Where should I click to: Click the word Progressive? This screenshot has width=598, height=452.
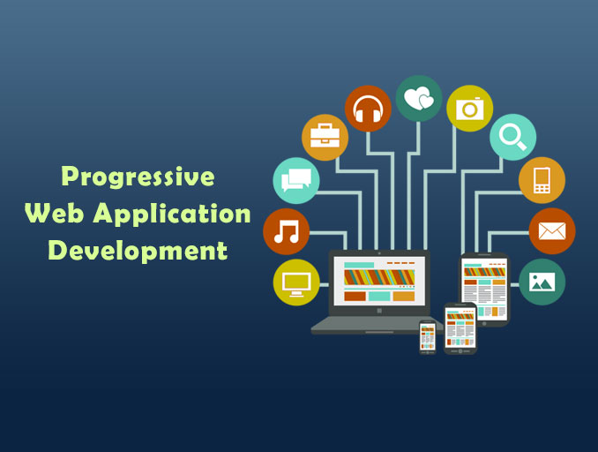point(138,177)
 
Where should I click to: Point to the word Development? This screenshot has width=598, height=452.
point(138,250)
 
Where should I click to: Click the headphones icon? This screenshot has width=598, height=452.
point(368,109)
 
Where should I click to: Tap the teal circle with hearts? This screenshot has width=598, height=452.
point(419,98)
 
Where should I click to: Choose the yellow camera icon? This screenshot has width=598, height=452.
point(469,109)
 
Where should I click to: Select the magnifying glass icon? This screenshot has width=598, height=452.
point(512,137)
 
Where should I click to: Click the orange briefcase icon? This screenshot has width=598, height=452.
point(325,137)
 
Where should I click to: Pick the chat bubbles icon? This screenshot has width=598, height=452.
point(296,180)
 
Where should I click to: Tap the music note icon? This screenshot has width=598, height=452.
point(287,231)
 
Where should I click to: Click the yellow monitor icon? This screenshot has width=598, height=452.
point(296,282)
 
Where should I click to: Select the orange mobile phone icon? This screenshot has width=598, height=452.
point(542,180)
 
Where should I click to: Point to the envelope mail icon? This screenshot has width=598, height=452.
point(551,231)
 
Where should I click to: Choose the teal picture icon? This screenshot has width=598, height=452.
point(542,282)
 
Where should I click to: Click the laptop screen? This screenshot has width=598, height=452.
point(378,282)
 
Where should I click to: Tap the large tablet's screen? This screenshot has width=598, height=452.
point(484,289)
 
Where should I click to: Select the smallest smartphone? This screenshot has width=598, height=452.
point(428,336)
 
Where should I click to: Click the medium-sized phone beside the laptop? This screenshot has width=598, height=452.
point(460,328)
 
